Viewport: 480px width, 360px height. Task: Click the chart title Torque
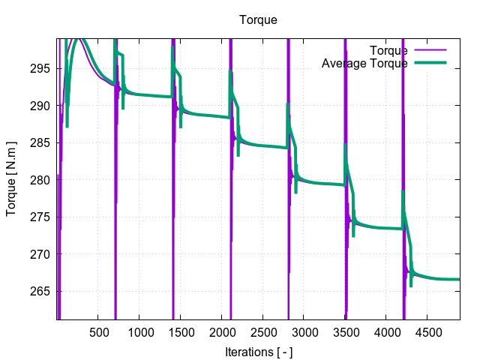tap(258, 19)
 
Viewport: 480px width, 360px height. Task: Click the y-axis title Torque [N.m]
tap(11, 179)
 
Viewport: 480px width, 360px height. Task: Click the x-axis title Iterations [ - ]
tap(258, 351)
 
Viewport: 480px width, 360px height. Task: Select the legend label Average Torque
tap(364, 64)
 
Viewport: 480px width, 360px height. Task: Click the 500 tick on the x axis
tap(98, 331)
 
